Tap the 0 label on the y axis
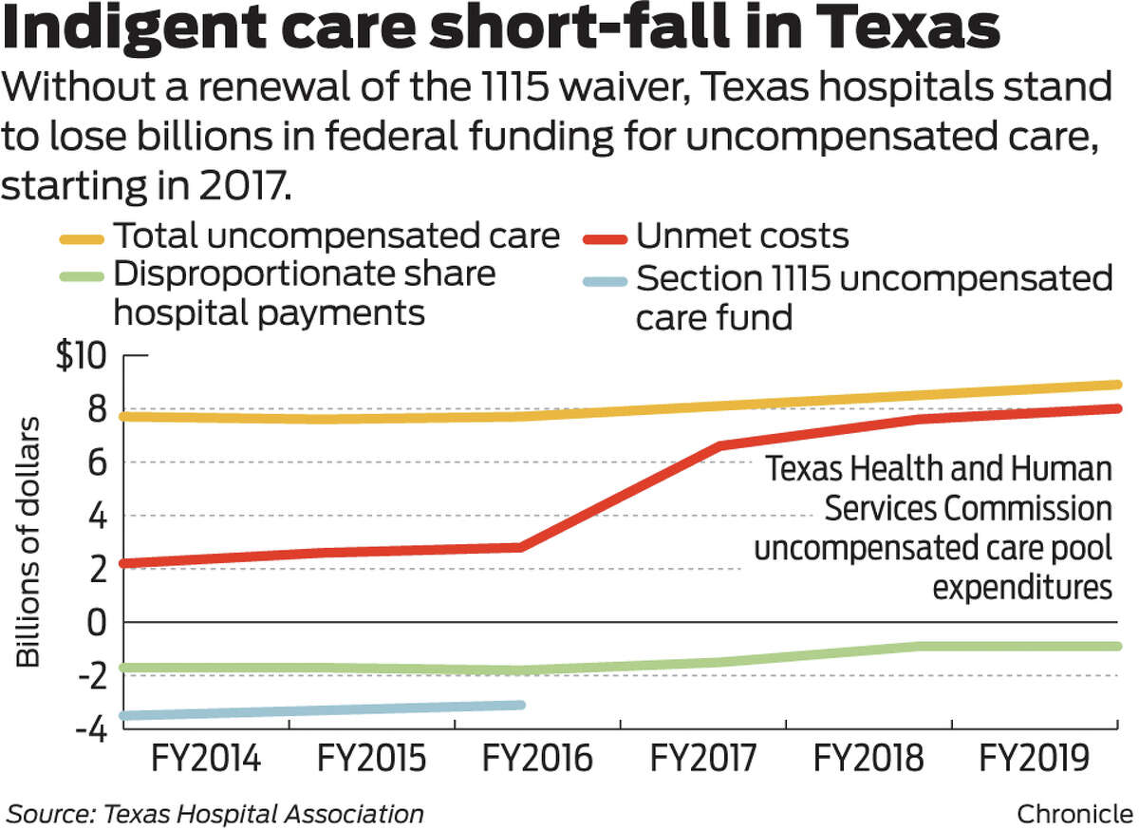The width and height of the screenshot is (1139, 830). point(94,623)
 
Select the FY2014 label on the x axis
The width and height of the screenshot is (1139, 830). point(206,761)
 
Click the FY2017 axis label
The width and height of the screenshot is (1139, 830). point(703,761)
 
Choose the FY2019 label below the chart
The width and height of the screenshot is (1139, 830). point(1034,761)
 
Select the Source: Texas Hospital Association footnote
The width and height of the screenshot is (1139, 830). point(215,814)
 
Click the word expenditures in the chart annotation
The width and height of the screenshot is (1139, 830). point(1021,587)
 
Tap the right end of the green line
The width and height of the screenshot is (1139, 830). point(1117,647)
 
